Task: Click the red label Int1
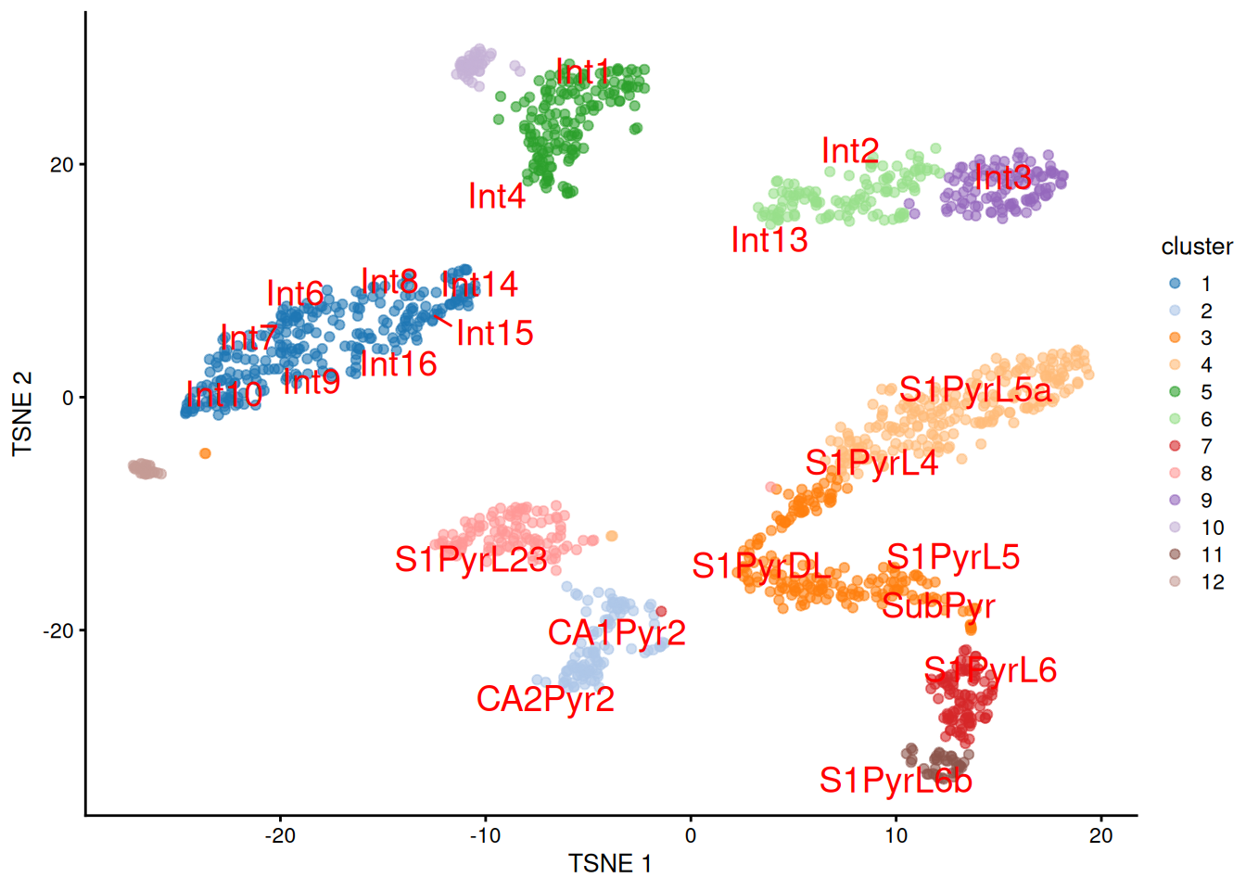pos(583,71)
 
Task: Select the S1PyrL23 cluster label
pos(471,559)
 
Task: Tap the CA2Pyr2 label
pos(545,699)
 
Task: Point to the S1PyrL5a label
pos(975,390)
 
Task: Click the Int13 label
pos(769,240)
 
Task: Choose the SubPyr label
pos(938,606)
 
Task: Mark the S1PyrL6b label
pos(896,781)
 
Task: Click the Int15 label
pos(495,334)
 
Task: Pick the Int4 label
pos(497,197)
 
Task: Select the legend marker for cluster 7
pos(1175,446)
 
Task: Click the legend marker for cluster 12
pos(1175,581)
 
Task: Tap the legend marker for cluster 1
pos(1175,284)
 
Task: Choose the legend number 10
pos(1213,528)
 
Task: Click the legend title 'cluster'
pos(1197,247)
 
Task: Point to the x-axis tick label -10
pos(485,835)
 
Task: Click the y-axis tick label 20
pos(61,165)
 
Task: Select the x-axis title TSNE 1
pos(610,864)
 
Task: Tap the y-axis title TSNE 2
pos(22,413)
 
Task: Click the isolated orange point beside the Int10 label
pos(205,453)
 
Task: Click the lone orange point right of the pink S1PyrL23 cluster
pos(612,536)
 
